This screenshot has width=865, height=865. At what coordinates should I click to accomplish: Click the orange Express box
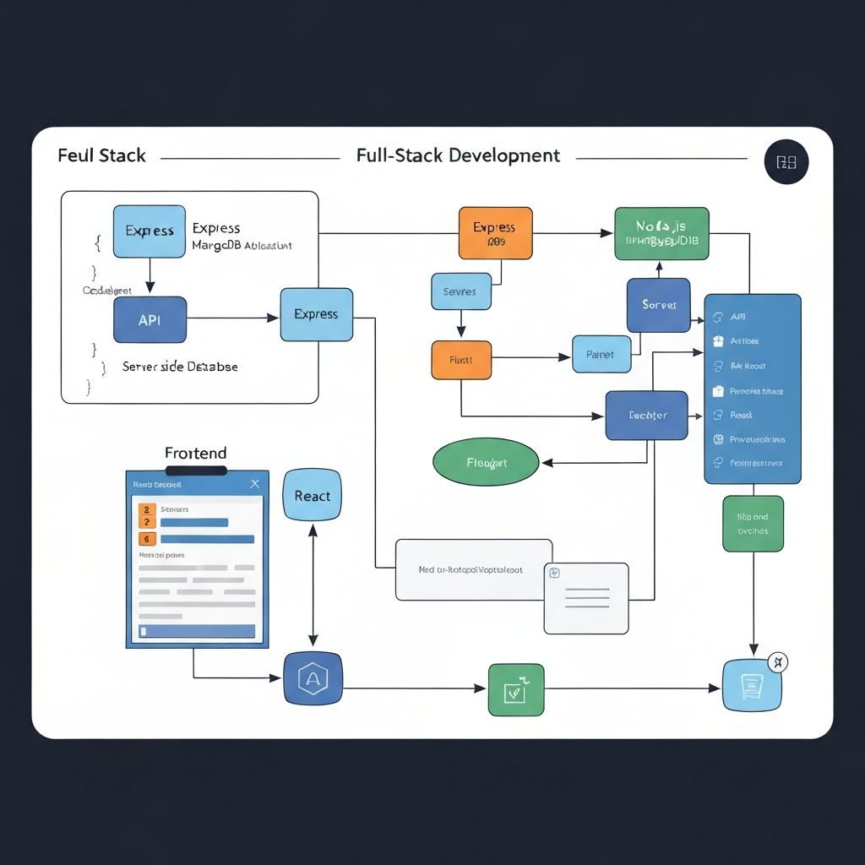[x=495, y=232]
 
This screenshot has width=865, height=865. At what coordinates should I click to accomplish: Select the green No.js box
[x=661, y=232]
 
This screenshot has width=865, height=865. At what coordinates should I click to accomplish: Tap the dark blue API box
[x=150, y=319]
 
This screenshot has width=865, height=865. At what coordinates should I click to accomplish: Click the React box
[x=313, y=496]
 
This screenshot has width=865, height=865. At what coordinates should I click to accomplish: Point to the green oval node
[x=486, y=463]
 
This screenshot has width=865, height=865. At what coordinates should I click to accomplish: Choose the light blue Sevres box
[x=460, y=291]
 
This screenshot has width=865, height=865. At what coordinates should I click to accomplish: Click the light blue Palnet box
[x=601, y=354]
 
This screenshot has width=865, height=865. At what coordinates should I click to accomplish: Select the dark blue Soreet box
[x=658, y=305]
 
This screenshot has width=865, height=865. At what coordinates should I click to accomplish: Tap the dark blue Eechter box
[x=646, y=415]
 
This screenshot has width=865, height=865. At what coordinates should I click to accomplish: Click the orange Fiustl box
[x=460, y=359]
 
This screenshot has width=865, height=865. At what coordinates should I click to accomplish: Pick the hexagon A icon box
[x=313, y=677]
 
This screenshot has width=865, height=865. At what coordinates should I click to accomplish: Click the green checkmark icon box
[x=515, y=689]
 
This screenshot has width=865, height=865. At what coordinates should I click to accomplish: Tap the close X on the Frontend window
[x=255, y=484]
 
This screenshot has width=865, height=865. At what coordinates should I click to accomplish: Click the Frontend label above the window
[x=195, y=454]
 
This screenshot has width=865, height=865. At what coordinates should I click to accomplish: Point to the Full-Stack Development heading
[x=458, y=155]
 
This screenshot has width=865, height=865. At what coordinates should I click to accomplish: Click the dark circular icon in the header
[x=786, y=162]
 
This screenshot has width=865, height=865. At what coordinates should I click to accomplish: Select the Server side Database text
[x=180, y=367]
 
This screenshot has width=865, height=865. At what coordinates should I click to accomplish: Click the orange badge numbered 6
[x=146, y=538]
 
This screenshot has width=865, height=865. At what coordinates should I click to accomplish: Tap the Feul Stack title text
[x=101, y=156]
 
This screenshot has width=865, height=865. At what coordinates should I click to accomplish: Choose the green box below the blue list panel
[x=752, y=524]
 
